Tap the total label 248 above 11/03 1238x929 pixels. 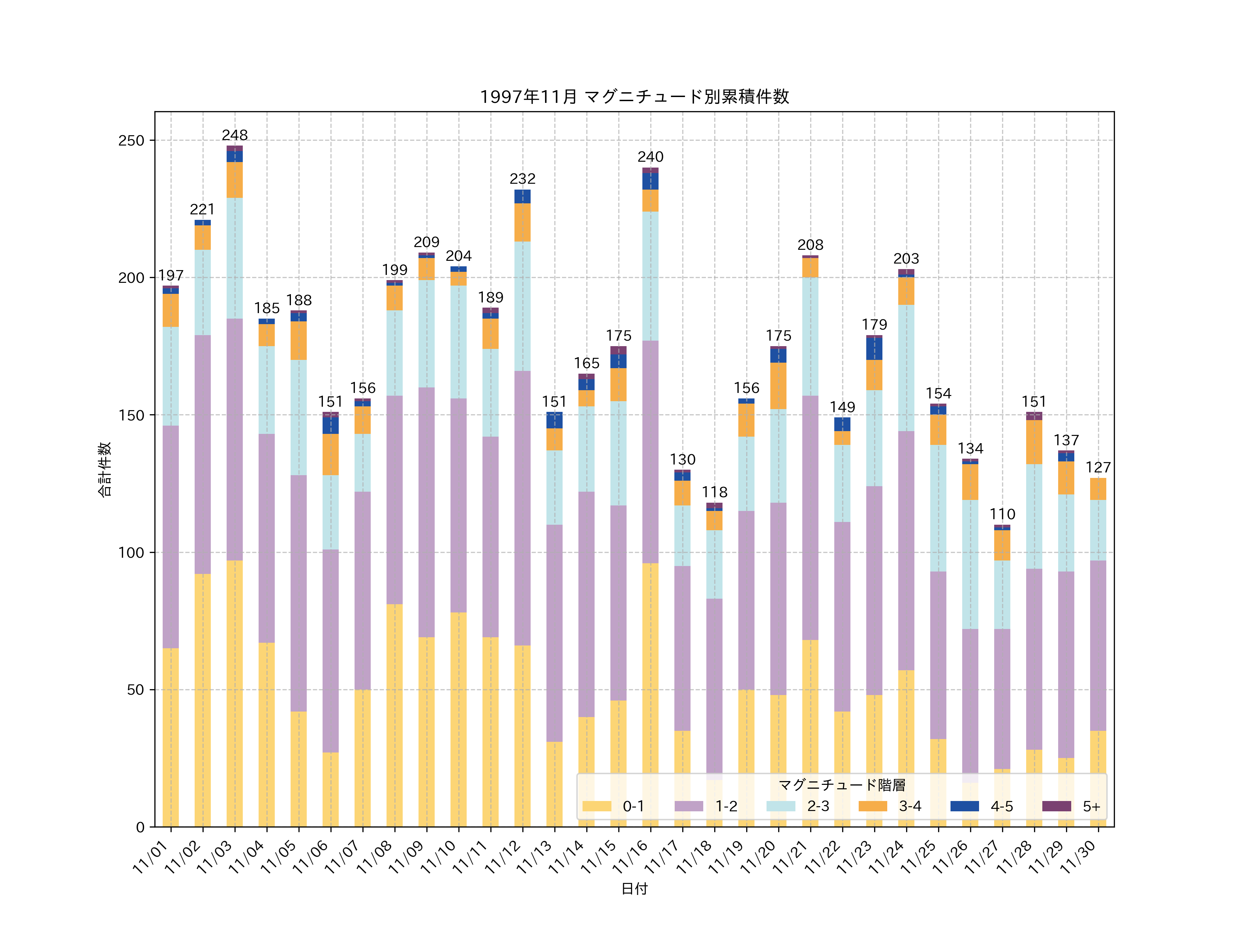[x=235, y=135]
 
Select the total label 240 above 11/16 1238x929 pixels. [x=650, y=157]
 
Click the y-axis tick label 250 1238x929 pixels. [x=131, y=140]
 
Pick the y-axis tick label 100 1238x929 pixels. [x=131, y=553]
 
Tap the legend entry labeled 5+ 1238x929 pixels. [x=1091, y=807]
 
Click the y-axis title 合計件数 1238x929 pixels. [x=105, y=469]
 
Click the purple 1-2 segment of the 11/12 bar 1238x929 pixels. [x=522, y=508]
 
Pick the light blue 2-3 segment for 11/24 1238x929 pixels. [x=906, y=368]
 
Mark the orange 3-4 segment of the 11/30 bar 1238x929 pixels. [x=1098, y=489]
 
